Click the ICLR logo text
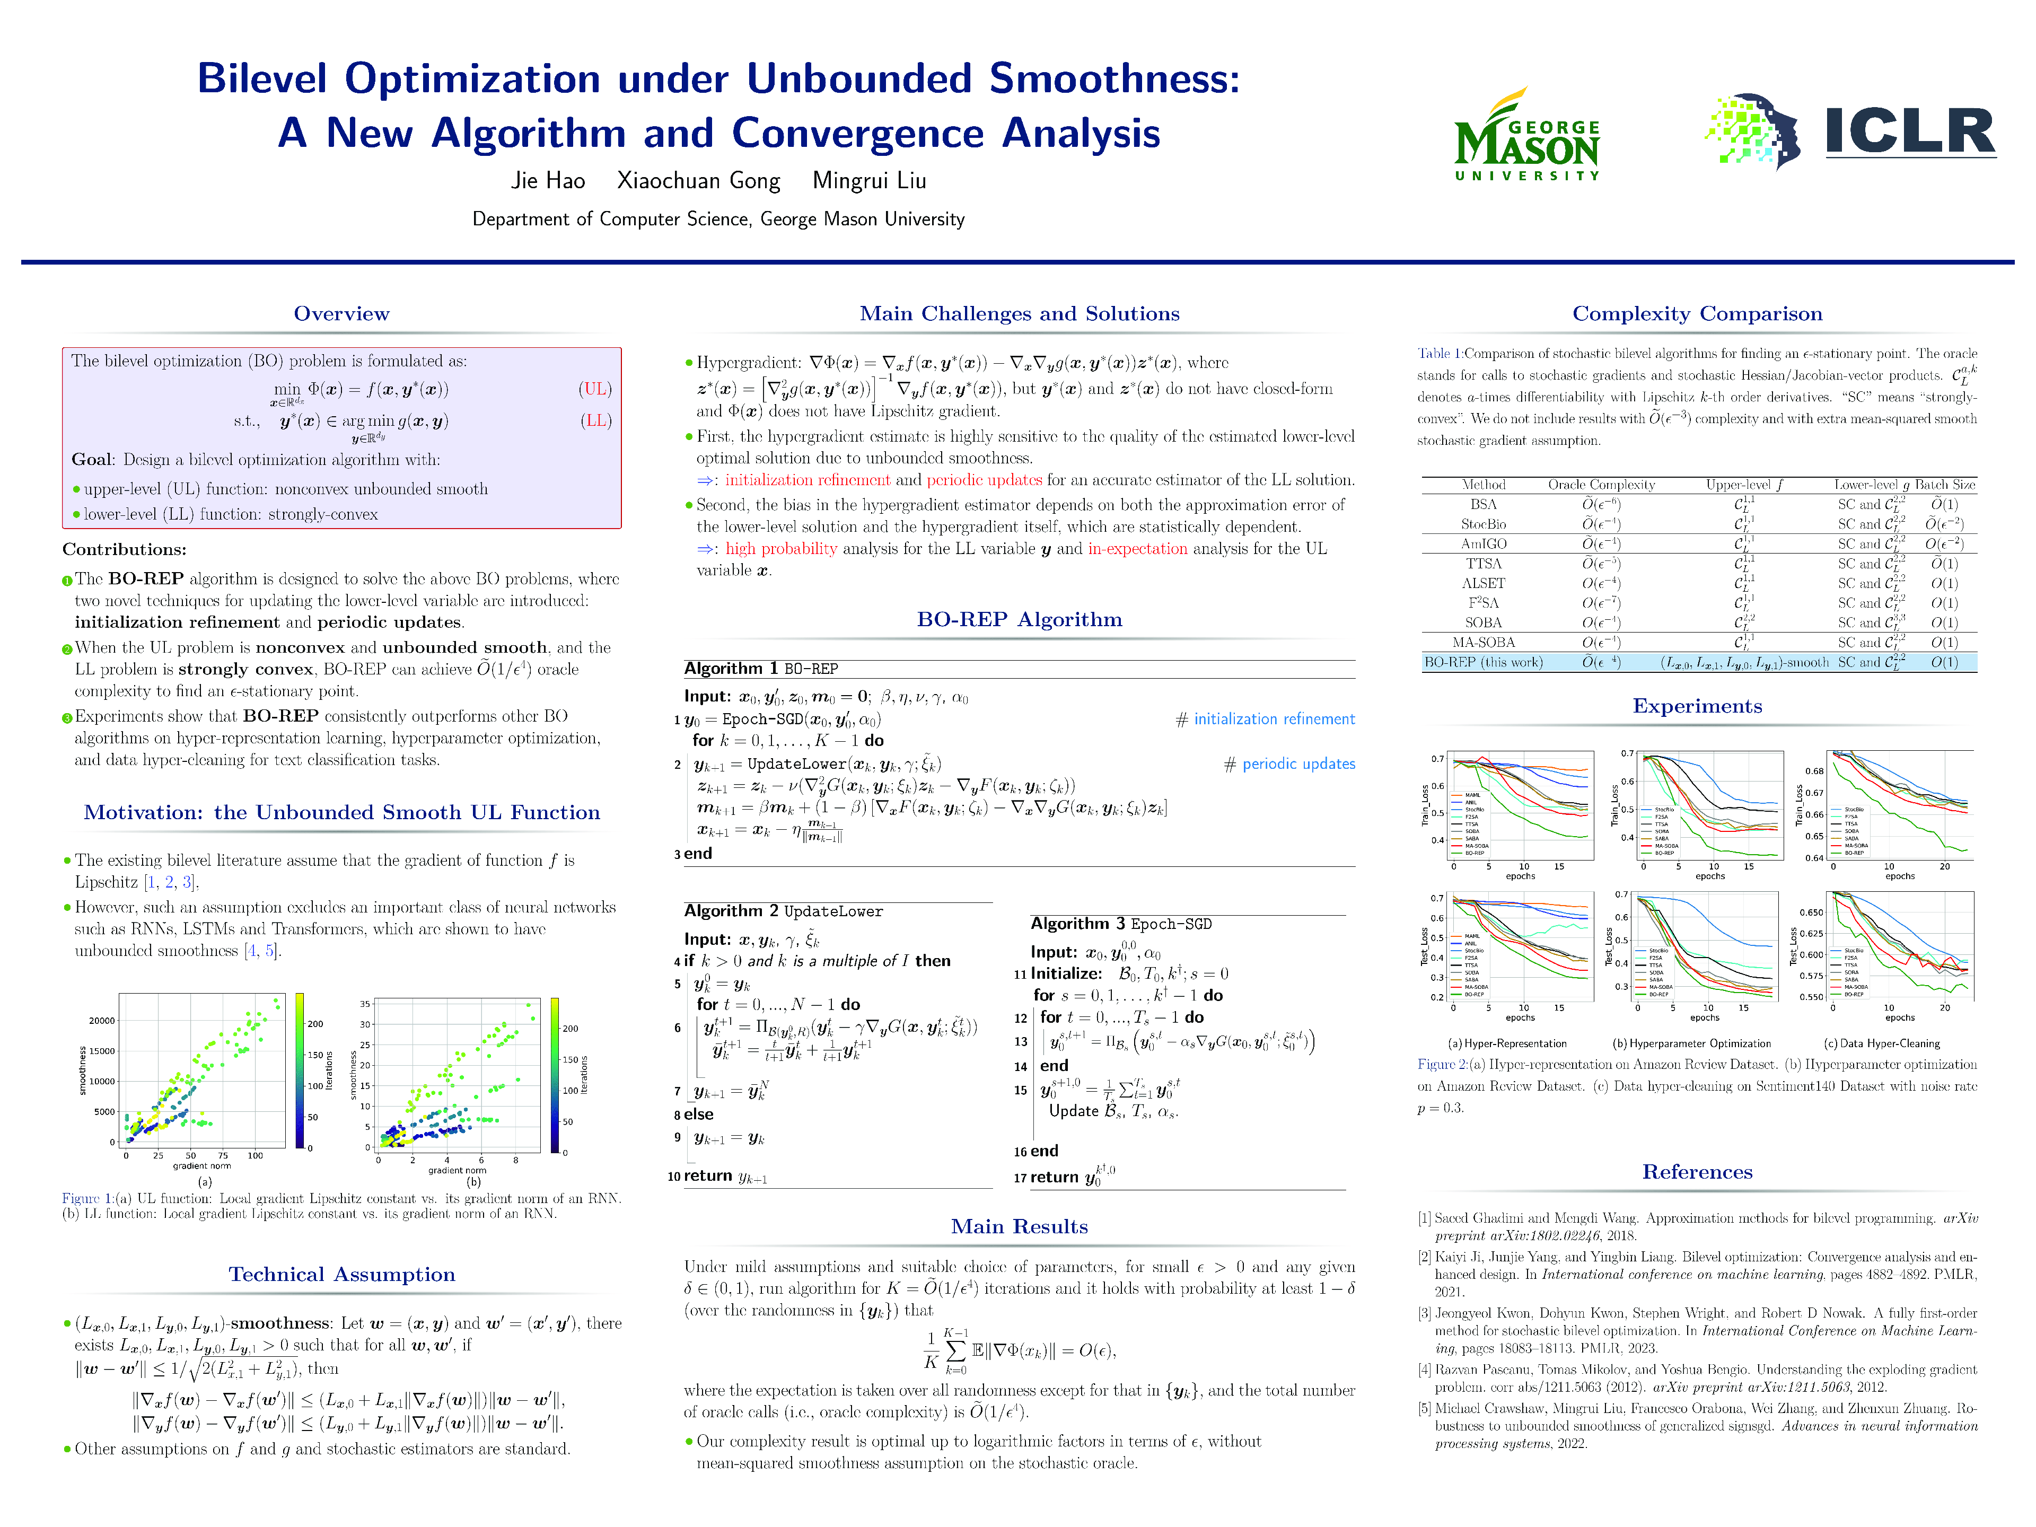coord(1910,133)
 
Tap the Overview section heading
coord(341,314)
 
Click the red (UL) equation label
coord(595,389)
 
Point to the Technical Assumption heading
coord(341,1274)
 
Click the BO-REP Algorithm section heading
coord(1019,619)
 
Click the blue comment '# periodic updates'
coord(1288,764)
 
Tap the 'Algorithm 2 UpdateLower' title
coord(783,911)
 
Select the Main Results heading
coord(1019,1226)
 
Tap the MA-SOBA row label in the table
coord(1483,643)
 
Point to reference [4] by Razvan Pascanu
coord(1696,1378)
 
